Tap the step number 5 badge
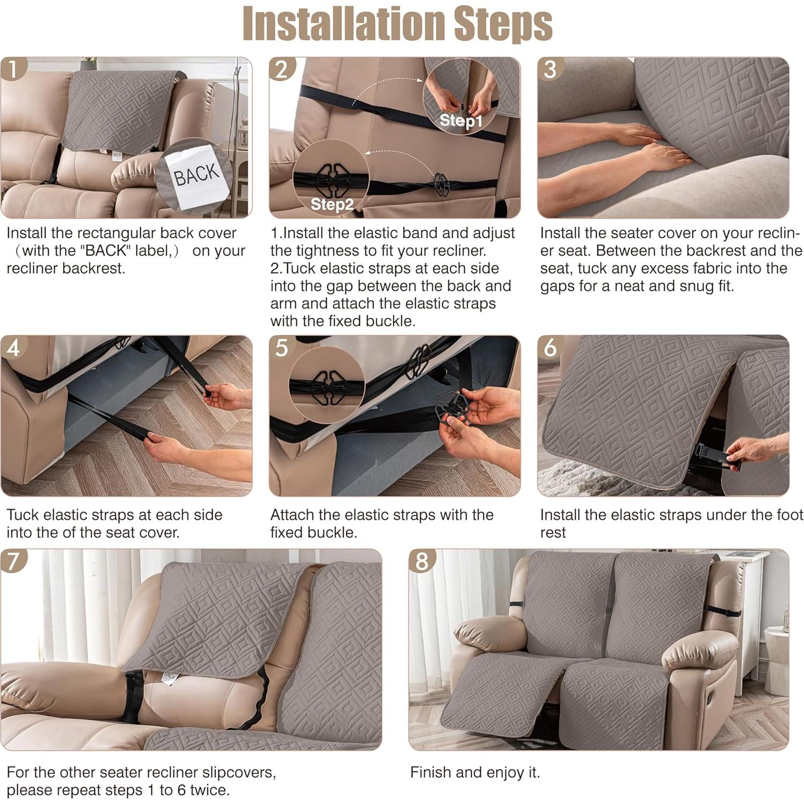click(281, 348)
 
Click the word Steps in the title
click(503, 24)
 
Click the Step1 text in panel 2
click(461, 121)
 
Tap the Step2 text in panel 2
click(332, 204)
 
